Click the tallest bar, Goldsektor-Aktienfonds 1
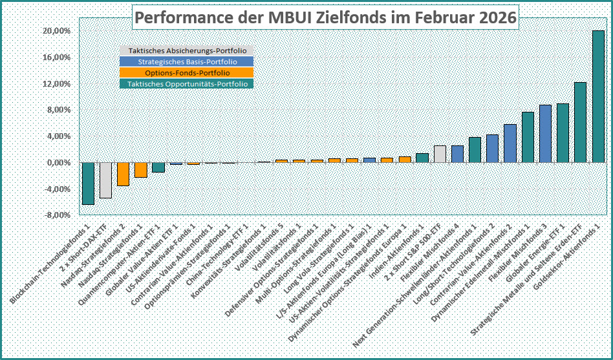(x=598, y=97)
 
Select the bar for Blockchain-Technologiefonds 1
(x=88, y=184)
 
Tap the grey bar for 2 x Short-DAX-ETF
(x=105, y=180)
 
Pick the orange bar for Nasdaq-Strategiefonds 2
(x=123, y=175)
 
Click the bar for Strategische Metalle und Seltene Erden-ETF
(x=580, y=123)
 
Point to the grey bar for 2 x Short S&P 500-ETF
(x=440, y=154)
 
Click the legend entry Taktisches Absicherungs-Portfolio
(x=187, y=51)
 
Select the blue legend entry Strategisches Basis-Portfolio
(x=187, y=62)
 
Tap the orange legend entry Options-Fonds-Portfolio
(x=187, y=72)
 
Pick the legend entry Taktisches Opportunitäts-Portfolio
(x=187, y=83)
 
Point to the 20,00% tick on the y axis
(x=56, y=31)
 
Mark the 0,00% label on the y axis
(x=58, y=163)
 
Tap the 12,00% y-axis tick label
(x=56, y=84)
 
